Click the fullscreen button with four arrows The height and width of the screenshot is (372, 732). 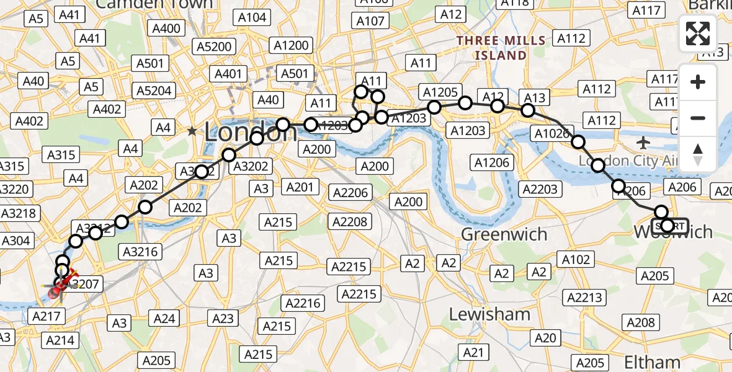point(698,33)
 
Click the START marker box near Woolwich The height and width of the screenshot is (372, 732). point(671,226)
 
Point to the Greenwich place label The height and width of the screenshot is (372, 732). point(504,234)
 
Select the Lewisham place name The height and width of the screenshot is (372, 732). point(489,314)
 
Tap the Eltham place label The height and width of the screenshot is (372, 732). point(651,361)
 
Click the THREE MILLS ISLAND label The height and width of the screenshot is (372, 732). point(501,48)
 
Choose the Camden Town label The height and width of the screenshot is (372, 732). point(154,4)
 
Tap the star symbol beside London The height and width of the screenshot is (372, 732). point(192,131)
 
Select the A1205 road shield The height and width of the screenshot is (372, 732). point(441,92)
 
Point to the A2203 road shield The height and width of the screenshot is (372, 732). point(540,189)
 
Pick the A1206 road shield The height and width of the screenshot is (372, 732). point(491,163)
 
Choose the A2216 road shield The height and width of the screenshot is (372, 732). point(302,303)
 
